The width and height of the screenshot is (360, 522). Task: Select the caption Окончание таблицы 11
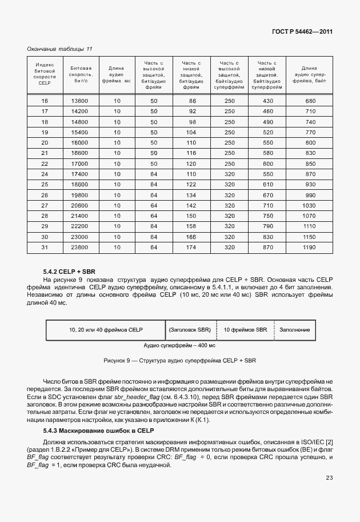click(59, 49)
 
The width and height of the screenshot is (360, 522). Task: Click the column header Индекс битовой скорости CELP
click(45, 74)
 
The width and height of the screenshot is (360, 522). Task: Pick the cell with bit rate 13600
click(79, 101)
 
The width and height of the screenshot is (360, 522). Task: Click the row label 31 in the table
click(45, 247)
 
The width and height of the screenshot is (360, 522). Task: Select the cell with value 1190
click(310, 247)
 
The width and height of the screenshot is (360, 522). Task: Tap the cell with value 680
click(310, 101)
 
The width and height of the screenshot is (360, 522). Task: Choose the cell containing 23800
click(79, 247)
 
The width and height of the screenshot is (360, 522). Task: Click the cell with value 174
click(191, 247)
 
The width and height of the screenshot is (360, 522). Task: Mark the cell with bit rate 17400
click(79, 173)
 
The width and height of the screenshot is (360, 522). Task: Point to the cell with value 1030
click(310, 205)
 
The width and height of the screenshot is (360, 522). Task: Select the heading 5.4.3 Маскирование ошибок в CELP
click(98, 430)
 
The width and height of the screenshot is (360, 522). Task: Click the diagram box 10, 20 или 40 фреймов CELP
click(106, 330)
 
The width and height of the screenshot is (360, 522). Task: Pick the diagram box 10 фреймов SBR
click(245, 330)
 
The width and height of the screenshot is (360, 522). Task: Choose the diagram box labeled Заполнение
click(294, 330)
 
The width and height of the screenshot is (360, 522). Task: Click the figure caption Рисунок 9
click(180, 361)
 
